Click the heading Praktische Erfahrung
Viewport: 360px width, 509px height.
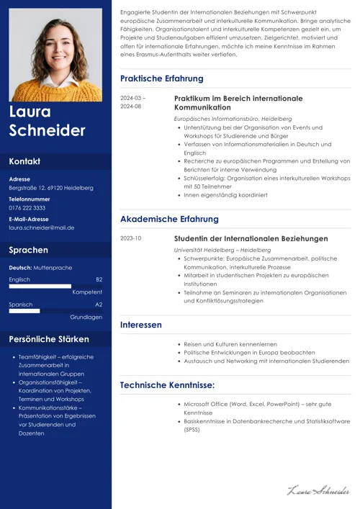[x=161, y=78]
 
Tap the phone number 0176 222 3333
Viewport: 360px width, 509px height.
[x=27, y=208]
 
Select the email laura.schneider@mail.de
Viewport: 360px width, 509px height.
[x=42, y=228]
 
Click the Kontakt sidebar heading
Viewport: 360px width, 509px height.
[x=24, y=161]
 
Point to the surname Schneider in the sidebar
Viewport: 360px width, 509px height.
[x=47, y=130]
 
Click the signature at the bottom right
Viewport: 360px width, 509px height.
[x=318, y=491]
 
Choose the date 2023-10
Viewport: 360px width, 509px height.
[x=131, y=238]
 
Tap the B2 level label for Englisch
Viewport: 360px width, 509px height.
[x=99, y=279]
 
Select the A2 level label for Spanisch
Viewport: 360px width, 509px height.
[x=99, y=305]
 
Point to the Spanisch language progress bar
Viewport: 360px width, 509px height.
[x=24, y=311]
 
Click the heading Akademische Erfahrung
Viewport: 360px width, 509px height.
[x=169, y=219]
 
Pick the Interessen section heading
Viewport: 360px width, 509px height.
[x=141, y=325]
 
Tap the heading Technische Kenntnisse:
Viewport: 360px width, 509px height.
[x=167, y=385]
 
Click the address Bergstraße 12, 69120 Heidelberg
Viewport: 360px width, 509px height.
[x=51, y=188]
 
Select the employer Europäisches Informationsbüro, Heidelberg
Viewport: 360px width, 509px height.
[x=233, y=118]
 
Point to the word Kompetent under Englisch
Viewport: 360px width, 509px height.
[x=87, y=292]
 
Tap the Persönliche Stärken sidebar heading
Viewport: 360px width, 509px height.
[x=49, y=339]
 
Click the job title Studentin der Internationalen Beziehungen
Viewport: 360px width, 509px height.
[x=251, y=238]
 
